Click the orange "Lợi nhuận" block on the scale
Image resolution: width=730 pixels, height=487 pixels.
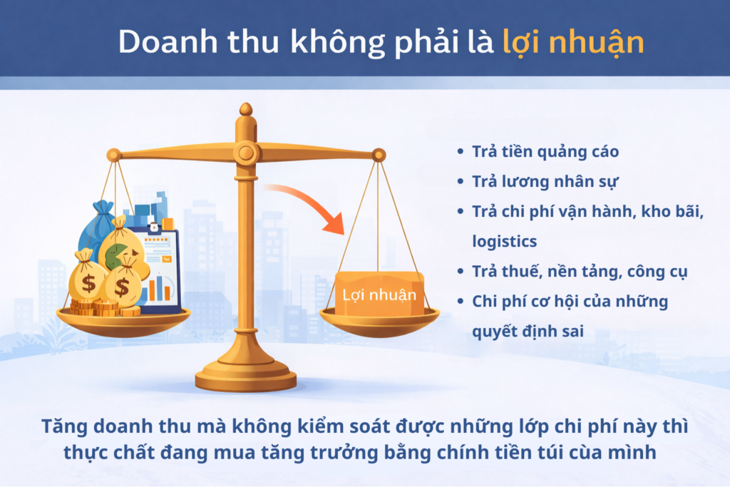tap(379, 293)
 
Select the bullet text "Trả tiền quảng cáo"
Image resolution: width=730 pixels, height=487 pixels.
tap(545, 152)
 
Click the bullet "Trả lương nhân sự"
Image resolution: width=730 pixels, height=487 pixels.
tap(545, 181)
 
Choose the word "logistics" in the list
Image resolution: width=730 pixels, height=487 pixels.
tap(504, 241)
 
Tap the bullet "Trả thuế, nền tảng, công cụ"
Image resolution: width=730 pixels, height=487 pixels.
tap(570, 271)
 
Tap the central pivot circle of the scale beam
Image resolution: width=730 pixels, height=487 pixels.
tap(246, 152)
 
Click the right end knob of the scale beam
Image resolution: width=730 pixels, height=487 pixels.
tap(379, 154)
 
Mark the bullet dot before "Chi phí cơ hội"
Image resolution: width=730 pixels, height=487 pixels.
tap(460, 301)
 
